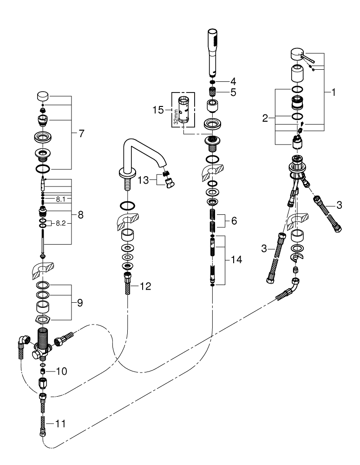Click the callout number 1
[x=333, y=92]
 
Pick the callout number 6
[x=234, y=221]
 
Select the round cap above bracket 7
[x=43, y=97]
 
